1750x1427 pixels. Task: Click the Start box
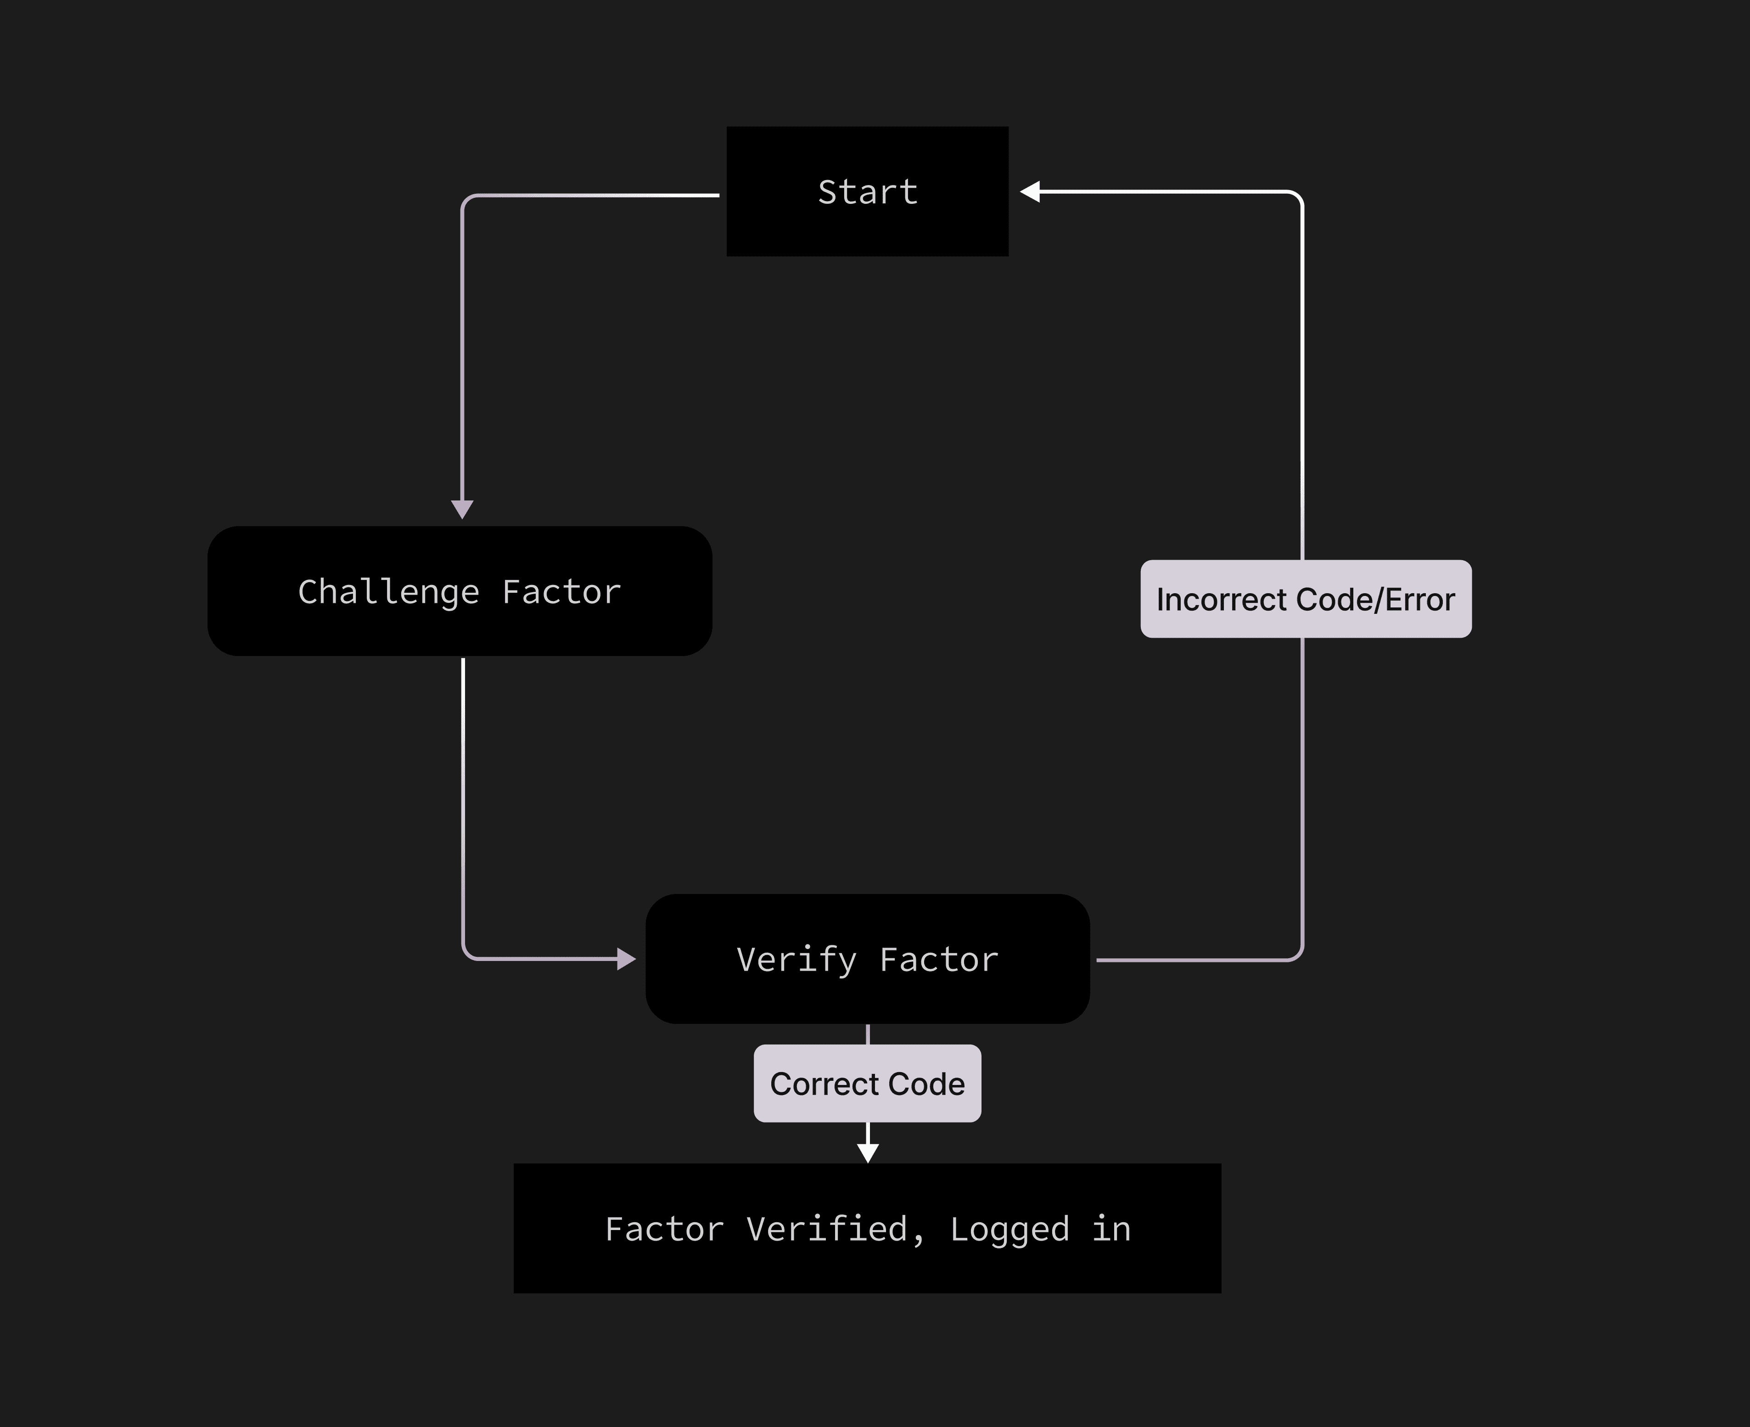pyautogui.click(x=867, y=191)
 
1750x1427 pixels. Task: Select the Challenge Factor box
pyautogui.click(x=460, y=591)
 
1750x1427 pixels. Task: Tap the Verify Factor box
pyautogui.click(x=867, y=959)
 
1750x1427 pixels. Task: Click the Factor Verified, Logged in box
pyautogui.click(x=867, y=1228)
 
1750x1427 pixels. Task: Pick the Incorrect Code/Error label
pyautogui.click(x=1305, y=599)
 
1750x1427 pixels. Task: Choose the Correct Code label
pyautogui.click(x=867, y=1084)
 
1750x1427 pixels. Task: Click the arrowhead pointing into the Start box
pyautogui.click(x=1030, y=191)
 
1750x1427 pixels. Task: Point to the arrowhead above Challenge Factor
pyautogui.click(x=462, y=509)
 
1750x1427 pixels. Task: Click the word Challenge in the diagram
pyautogui.click(x=388, y=592)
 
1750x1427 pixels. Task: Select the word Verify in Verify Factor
pyautogui.click(x=796, y=959)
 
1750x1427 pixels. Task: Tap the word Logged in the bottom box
pyautogui.click(x=1010, y=1230)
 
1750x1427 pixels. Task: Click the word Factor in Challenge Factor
pyautogui.click(x=561, y=592)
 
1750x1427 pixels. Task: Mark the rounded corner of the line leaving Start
pyautogui.click(x=467, y=200)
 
